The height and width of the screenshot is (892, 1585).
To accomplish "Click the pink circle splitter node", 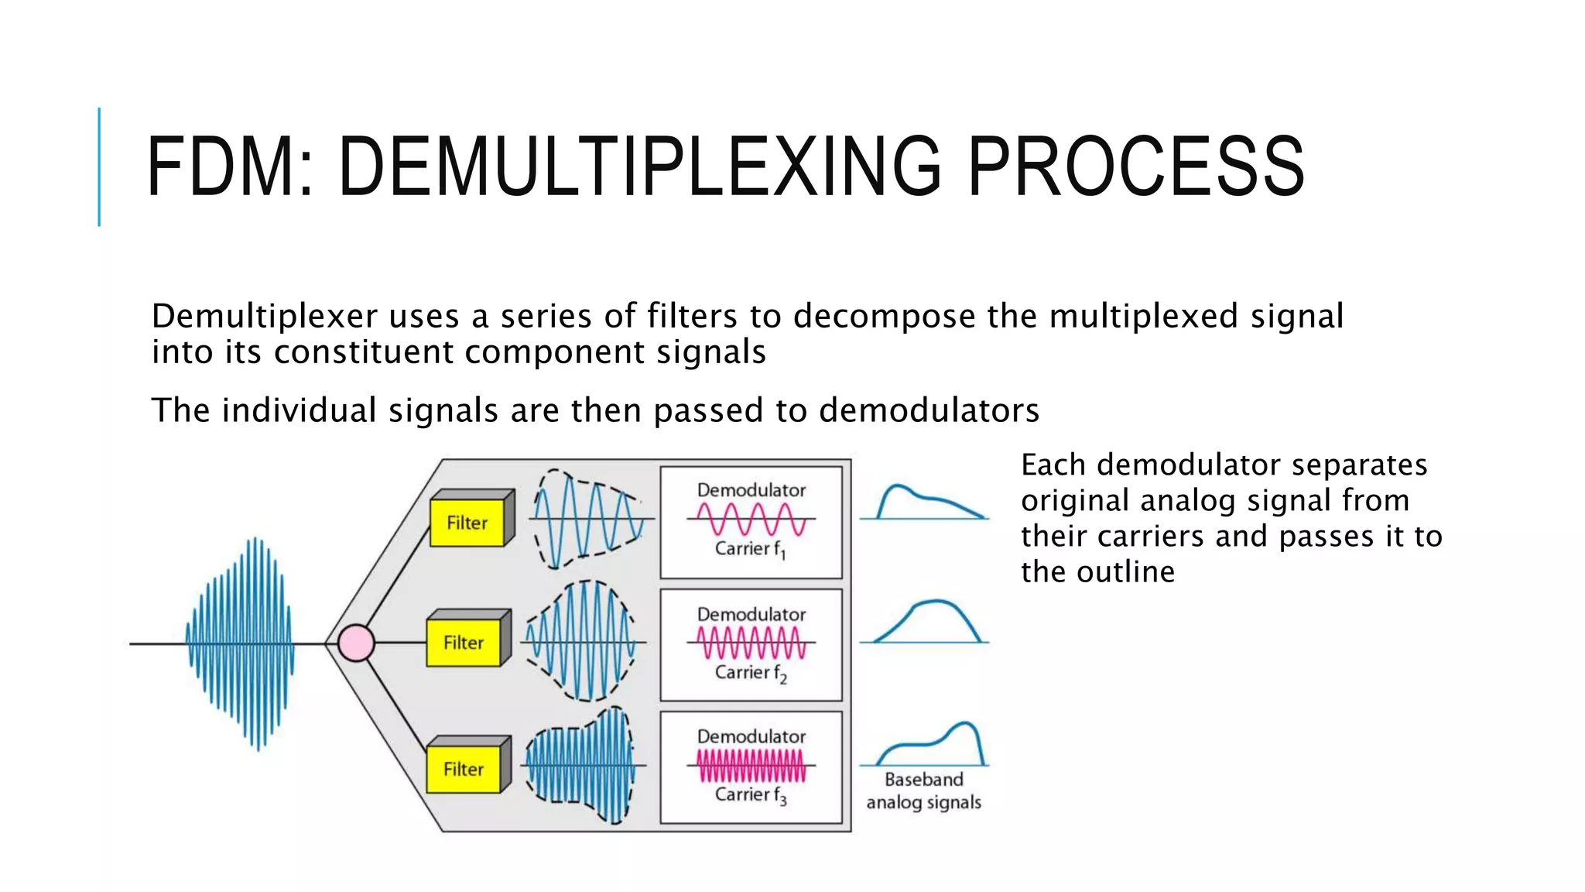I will (356, 643).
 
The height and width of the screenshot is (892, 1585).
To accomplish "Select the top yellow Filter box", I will (467, 523).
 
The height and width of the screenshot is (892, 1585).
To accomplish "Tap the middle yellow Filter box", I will (464, 643).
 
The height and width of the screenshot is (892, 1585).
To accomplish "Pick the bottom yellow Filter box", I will (464, 769).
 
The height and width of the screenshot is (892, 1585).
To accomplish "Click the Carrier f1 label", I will (750, 549).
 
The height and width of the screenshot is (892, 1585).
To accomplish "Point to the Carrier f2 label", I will (750, 673).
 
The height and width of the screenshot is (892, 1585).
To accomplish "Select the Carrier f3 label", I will (750, 795).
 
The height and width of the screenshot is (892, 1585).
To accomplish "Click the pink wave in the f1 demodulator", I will (750, 519).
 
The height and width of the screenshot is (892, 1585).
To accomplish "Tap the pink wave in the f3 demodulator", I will (750, 766).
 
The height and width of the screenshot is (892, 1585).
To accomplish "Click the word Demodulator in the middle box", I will (751, 614).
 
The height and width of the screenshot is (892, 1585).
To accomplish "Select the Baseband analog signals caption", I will (923, 791).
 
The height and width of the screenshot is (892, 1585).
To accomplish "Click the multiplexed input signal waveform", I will (241, 643).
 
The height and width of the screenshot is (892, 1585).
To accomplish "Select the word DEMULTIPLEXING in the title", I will (639, 166).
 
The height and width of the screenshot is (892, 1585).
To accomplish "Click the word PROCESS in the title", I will (1135, 166).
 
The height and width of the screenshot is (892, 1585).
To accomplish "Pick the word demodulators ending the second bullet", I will (929, 410).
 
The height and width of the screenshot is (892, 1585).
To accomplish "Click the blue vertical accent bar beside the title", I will (99, 166).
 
